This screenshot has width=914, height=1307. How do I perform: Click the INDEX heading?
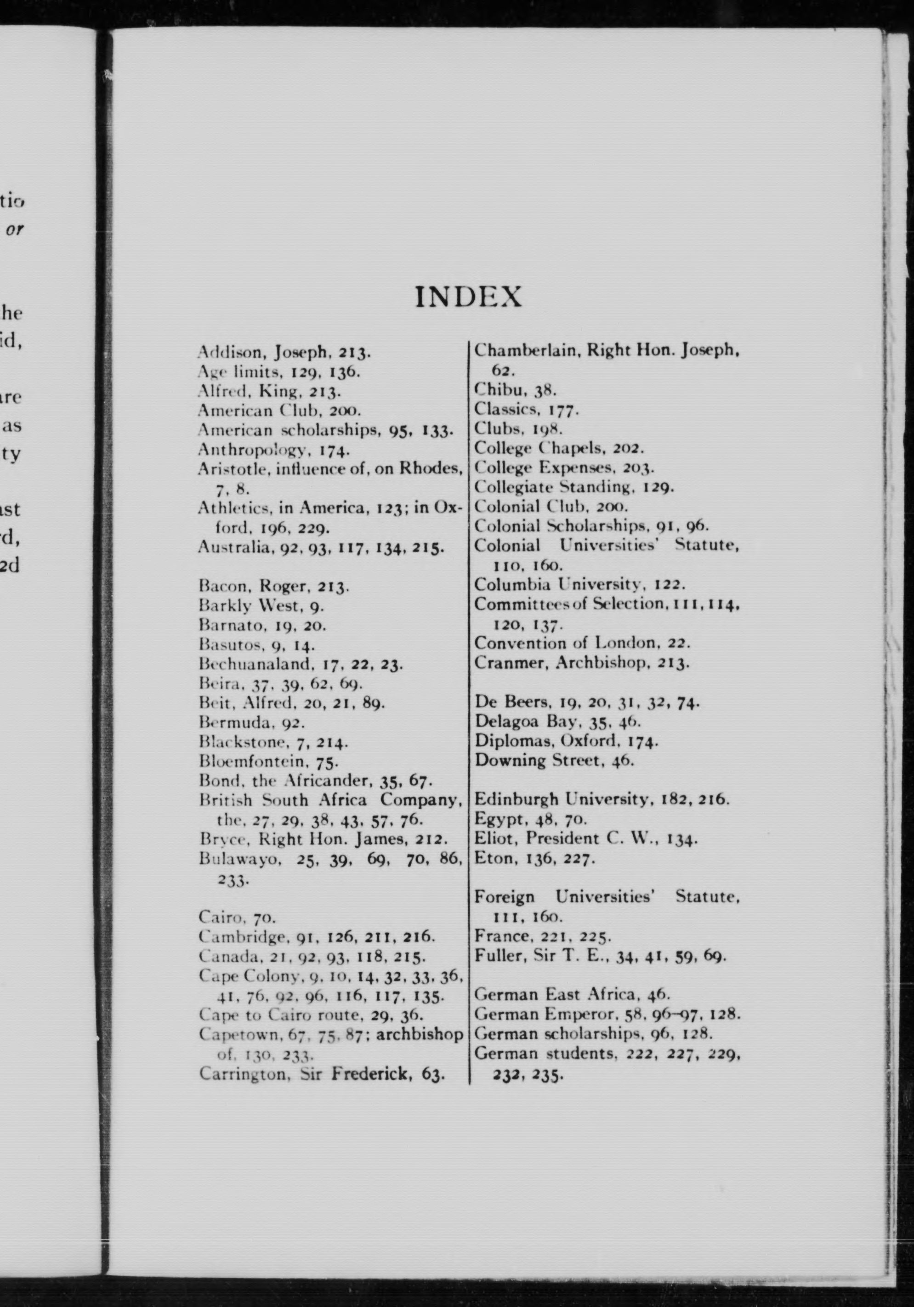click(x=468, y=297)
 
